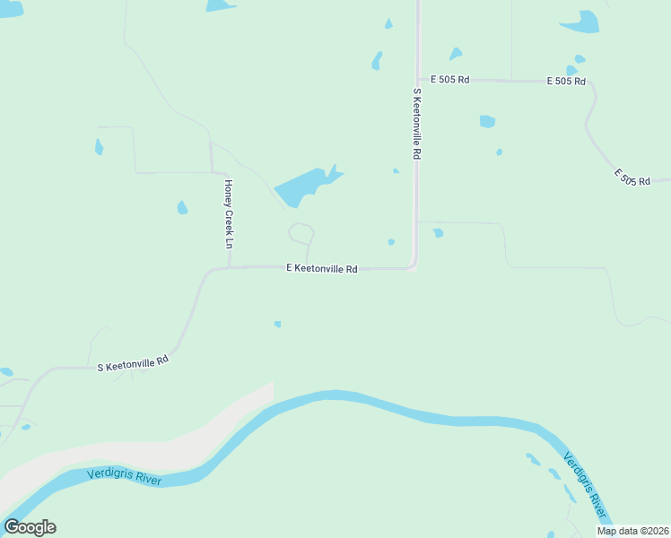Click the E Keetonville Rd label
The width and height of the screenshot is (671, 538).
click(322, 268)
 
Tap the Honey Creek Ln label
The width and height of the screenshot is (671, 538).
click(229, 214)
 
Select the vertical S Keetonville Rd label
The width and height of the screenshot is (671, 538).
click(417, 124)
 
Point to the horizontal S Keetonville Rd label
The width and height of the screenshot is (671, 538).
click(134, 363)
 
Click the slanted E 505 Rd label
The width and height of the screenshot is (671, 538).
click(632, 177)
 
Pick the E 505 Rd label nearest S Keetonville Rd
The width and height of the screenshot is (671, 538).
click(450, 80)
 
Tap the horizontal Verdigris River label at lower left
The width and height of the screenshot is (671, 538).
click(125, 476)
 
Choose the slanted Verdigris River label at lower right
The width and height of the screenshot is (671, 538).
click(584, 484)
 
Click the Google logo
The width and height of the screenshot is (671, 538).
click(30, 527)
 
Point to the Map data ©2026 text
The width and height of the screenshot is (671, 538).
click(632, 531)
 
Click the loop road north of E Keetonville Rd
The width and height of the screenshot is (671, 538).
click(301, 233)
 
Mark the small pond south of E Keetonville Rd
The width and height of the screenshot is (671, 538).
click(277, 324)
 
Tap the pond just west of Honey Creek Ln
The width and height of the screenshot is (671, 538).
click(183, 208)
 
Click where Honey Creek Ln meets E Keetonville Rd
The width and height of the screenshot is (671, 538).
click(231, 267)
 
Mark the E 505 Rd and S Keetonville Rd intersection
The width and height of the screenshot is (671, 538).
click(417, 80)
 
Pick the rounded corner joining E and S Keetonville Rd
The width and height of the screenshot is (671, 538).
click(413, 265)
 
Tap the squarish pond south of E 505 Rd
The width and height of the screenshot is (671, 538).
click(487, 121)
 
